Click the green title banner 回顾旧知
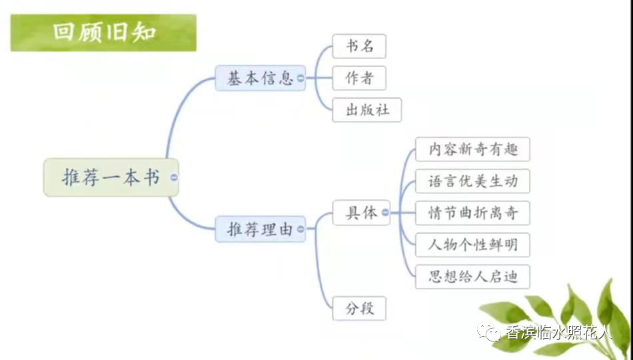pyautogui.click(x=103, y=33)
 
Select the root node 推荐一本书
pyautogui.click(x=111, y=177)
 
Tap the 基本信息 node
pyautogui.click(x=260, y=78)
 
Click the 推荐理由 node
pyautogui.click(x=260, y=229)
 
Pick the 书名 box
pyautogui.click(x=359, y=46)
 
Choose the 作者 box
pyautogui.click(x=359, y=78)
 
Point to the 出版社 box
pyautogui.click(x=367, y=110)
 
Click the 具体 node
pyautogui.click(x=361, y=213)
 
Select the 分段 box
pyautogui.click(x=359, y=309)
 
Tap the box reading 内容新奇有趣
pyautogui.click(x=472, y=149)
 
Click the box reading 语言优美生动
pyautogui.click(x=472, y=181)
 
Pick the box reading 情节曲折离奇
pyautogui.click(x=472, y=213)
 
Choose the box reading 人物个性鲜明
pyautogui.click(x=472, y=245)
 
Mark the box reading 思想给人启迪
pyautogui.click(x=472, y=277)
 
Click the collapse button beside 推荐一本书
pyautogui.click(x=174, y=177)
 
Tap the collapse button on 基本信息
pyautogui.click(x=301, y=78)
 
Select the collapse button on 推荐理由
pyautogui.click(x=301, y=229)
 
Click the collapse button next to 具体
pyautogui.click(x=386, y=213)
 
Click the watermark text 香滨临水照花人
pyautogui.click(x=558, y=333)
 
